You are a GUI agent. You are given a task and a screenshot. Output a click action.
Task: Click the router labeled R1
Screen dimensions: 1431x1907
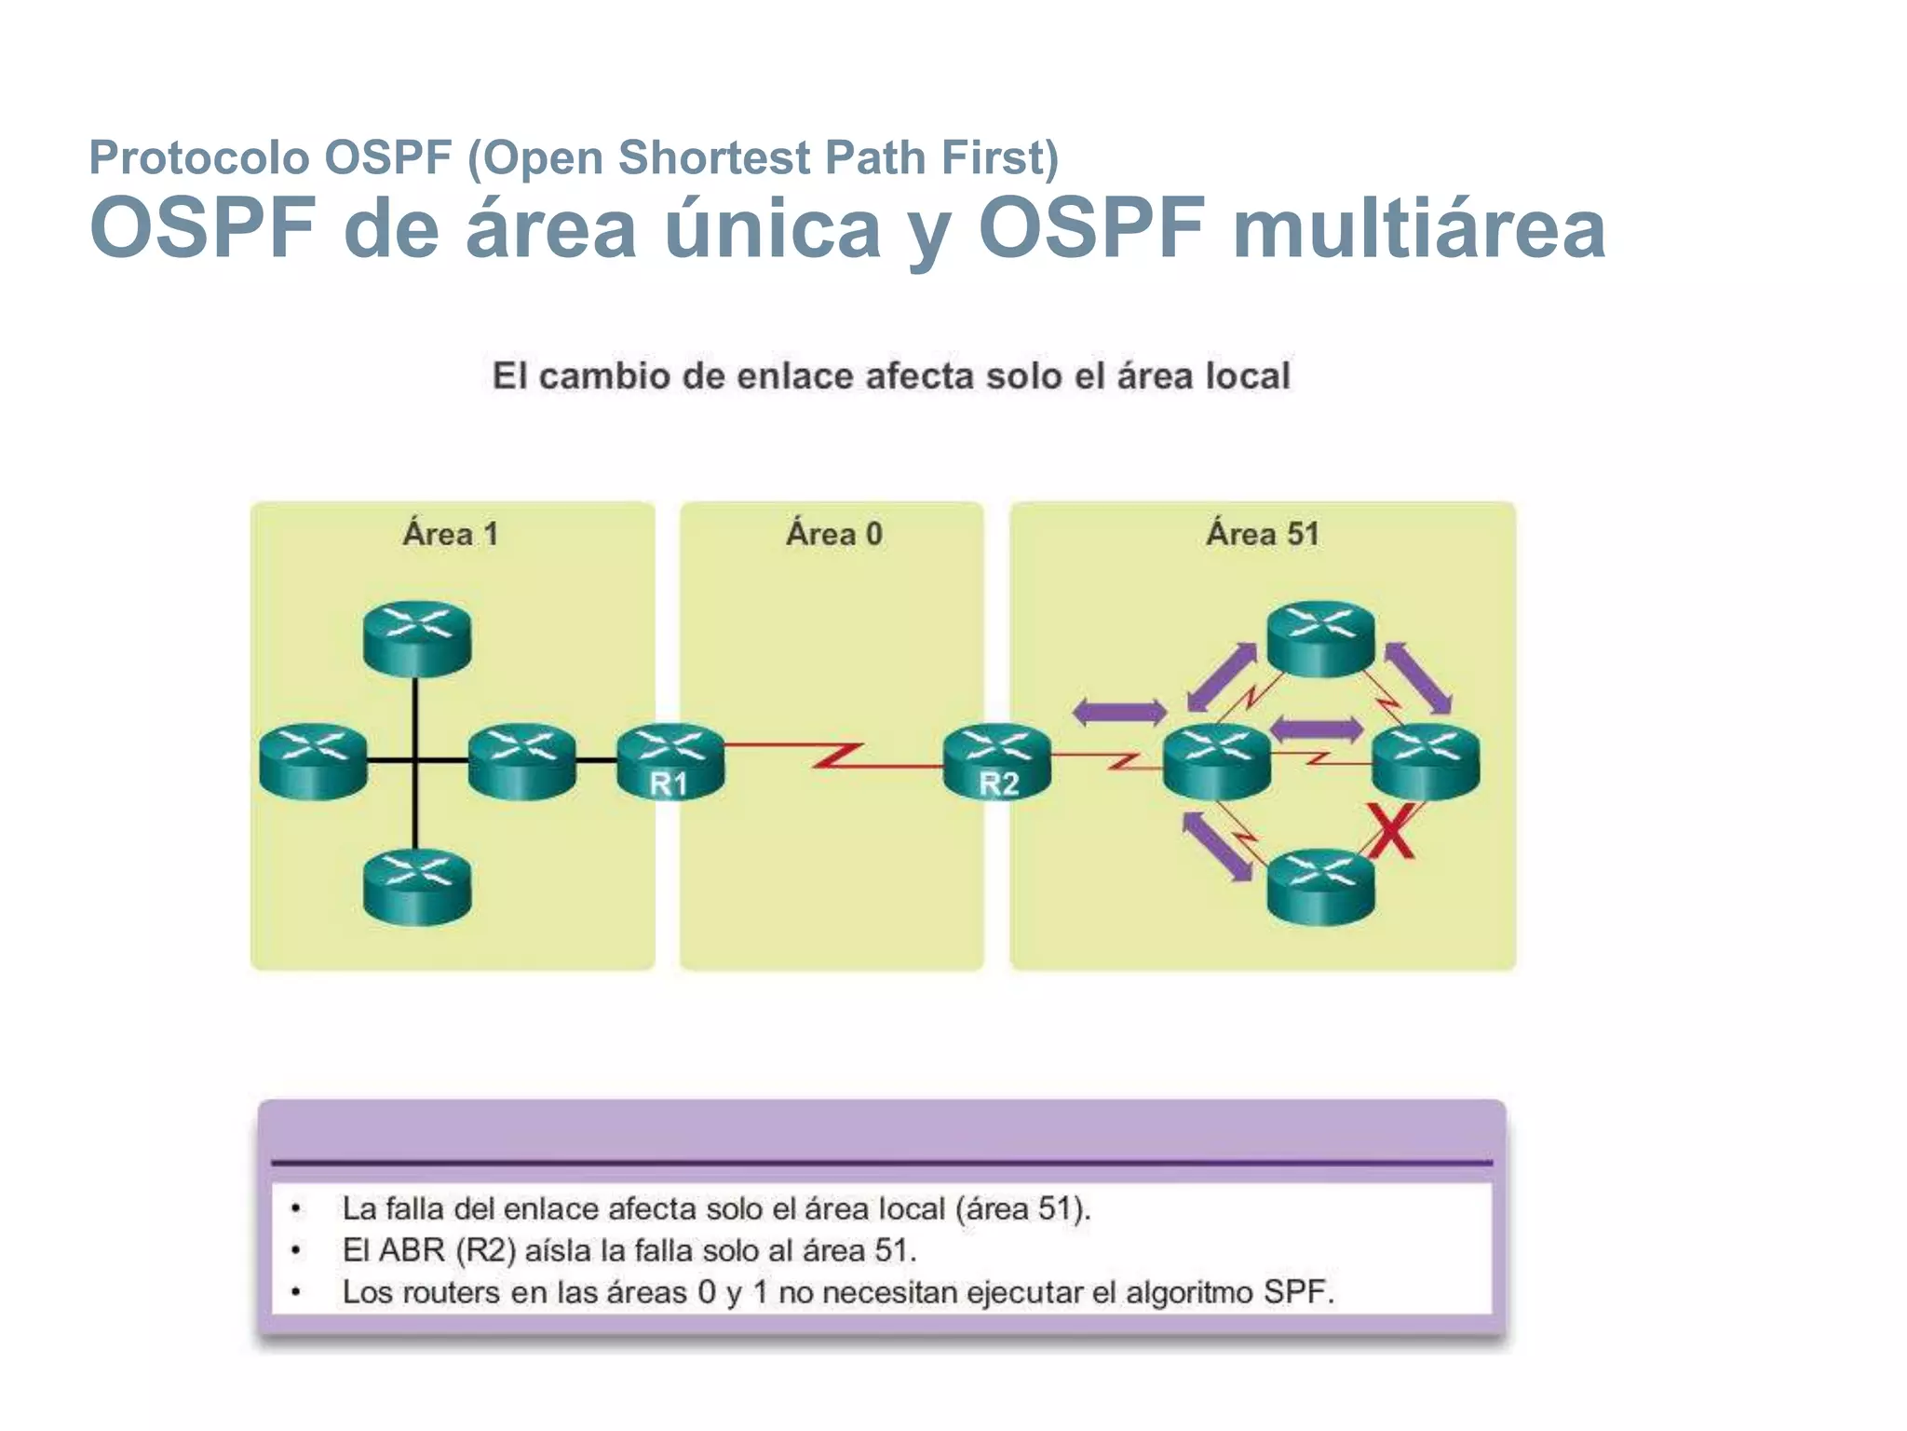[670, 761]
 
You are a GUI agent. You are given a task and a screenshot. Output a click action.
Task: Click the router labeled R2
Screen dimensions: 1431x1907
[996, 761]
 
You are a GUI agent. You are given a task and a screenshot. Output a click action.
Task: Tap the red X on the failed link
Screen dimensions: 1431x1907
[1391, 831]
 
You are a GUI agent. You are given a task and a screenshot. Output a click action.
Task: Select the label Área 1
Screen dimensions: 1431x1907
[451, 535]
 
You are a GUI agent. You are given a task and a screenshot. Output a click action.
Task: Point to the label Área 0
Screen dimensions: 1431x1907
[833, 535]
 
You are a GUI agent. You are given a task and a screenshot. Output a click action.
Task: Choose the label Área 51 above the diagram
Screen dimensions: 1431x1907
[1263, 535]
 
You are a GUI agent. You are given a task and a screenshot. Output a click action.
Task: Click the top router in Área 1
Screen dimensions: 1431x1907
[417, 638]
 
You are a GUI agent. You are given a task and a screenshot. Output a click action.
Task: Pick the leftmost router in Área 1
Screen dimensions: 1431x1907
[313, 761]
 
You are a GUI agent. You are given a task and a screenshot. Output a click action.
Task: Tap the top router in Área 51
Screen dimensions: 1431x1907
[1320, 638]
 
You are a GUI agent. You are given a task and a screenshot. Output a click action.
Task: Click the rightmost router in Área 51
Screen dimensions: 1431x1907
[1426, 761]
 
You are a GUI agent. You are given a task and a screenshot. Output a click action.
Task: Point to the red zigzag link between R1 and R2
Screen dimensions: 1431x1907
[835, 756]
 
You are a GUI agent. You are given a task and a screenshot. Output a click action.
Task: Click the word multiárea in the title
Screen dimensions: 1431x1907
[1419, 229]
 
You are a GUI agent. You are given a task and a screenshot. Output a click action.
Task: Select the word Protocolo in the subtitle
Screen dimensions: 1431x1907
[198, 157]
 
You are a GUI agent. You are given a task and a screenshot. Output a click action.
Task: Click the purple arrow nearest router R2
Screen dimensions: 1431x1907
[1119, 713]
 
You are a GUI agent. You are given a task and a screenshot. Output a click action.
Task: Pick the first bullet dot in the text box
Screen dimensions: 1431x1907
[296, 1209]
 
